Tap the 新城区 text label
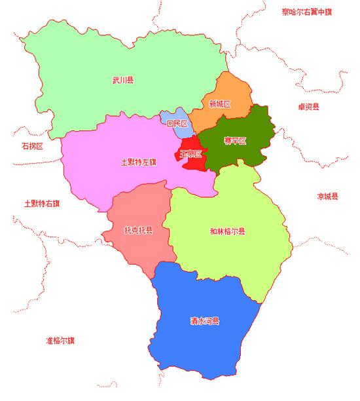220,104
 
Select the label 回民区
177,124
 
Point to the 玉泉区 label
190,153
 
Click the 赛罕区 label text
234,141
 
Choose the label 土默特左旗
139,161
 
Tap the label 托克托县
138,230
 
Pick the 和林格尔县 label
227,231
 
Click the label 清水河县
204,321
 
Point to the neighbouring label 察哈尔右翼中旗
308,11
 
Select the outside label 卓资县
308,107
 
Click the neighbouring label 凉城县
327,197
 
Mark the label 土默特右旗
42,203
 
